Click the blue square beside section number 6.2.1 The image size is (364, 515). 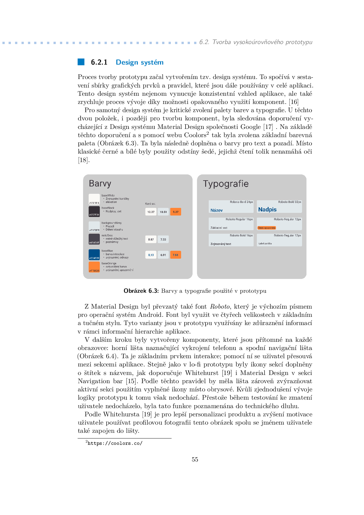81,62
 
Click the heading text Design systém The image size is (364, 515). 139,62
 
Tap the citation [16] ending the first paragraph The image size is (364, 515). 294,102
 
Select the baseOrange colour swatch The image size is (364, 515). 94,267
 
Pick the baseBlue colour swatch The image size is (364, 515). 94,255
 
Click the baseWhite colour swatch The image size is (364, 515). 94,199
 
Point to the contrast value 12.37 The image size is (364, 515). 151,212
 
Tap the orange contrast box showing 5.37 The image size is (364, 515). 176,212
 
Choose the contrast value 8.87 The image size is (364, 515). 151,239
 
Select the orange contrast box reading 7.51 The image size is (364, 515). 176,255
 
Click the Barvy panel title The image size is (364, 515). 100,184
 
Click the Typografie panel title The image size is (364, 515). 226,184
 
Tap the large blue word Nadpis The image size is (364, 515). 267,209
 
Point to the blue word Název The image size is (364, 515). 217,210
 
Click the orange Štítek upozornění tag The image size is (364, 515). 267,228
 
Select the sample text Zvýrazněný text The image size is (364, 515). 221,244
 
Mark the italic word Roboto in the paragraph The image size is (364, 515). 220,307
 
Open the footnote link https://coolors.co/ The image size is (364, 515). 115,443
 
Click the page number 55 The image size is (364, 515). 195,460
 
